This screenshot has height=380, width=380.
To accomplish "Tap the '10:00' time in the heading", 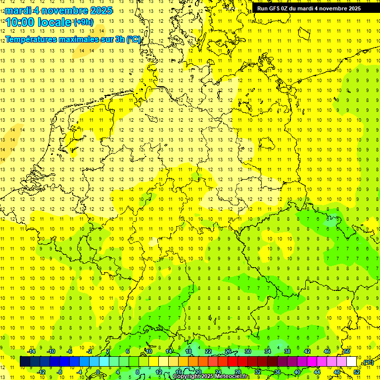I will tap(21, 22).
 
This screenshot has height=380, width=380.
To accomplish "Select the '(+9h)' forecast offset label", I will tap(83, 22).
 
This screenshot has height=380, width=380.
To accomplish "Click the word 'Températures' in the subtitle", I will tap(34, 39).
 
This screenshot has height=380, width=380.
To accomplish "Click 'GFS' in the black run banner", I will tap(276, 8).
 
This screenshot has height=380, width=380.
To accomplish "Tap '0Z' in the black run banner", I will tap(287, 8).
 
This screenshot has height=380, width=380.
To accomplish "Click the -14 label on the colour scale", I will tap(31, 351).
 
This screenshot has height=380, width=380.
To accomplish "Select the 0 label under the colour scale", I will tap(98, 372).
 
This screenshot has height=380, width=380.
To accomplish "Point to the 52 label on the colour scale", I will tap(357, 372).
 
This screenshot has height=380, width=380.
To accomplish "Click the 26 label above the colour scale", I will tap(228, 351).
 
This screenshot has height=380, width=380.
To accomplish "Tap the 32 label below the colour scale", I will tap(258, 372).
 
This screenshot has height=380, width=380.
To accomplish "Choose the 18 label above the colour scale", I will tap(189, 351).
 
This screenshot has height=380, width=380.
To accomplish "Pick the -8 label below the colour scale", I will tap(60, 372).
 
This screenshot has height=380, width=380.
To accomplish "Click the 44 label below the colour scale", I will tap(317, 372).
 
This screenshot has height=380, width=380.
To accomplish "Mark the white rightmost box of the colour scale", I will tap(352, 362).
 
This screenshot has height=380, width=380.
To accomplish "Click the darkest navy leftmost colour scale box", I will tap(25, 362).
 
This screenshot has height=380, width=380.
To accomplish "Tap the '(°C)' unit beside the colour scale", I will tap(368, 363).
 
